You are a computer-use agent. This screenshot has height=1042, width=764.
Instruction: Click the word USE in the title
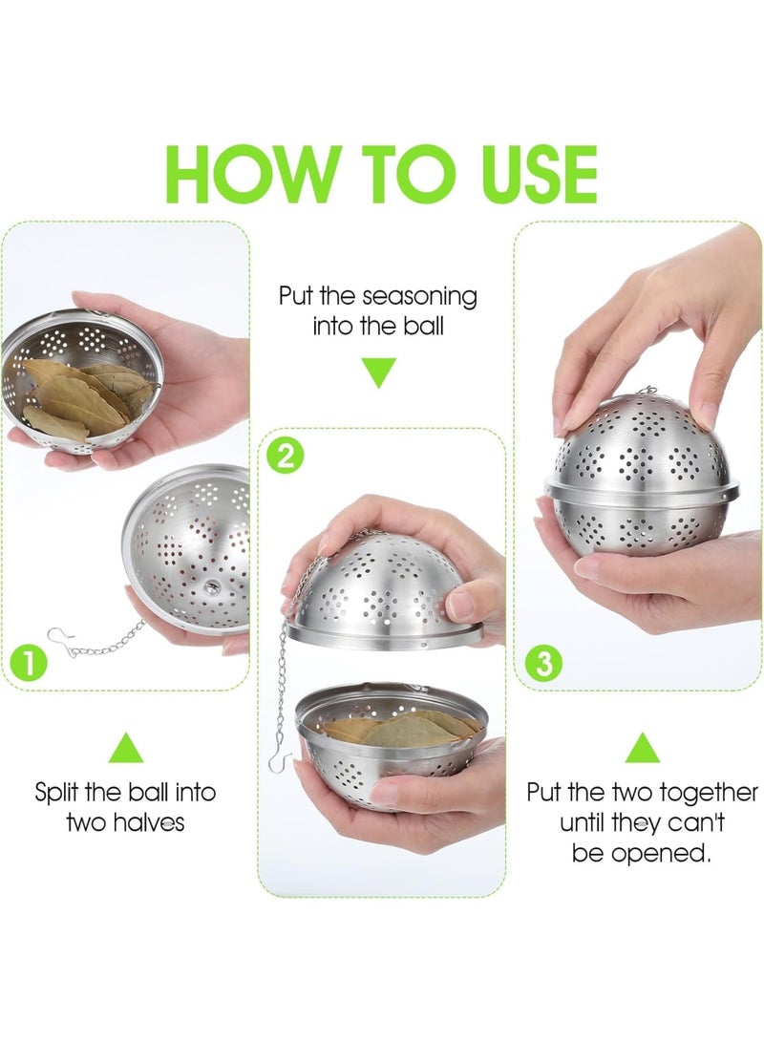pyautogui.click(x=523, y=176)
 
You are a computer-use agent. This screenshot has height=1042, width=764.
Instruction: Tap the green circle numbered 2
pyautogui.click(x=284, y=457)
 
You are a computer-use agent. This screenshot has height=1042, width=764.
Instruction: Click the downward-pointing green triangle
pyautogui.click(x=379, y=372)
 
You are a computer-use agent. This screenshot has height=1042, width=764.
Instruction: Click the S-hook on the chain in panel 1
pyautogui.click(x=62, y=640)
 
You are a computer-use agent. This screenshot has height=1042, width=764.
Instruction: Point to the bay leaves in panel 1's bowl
pyautogui.click(x=76, y=396)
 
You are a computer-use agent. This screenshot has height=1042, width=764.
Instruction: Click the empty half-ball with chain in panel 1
pyautogui.click(x=191, y=549)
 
